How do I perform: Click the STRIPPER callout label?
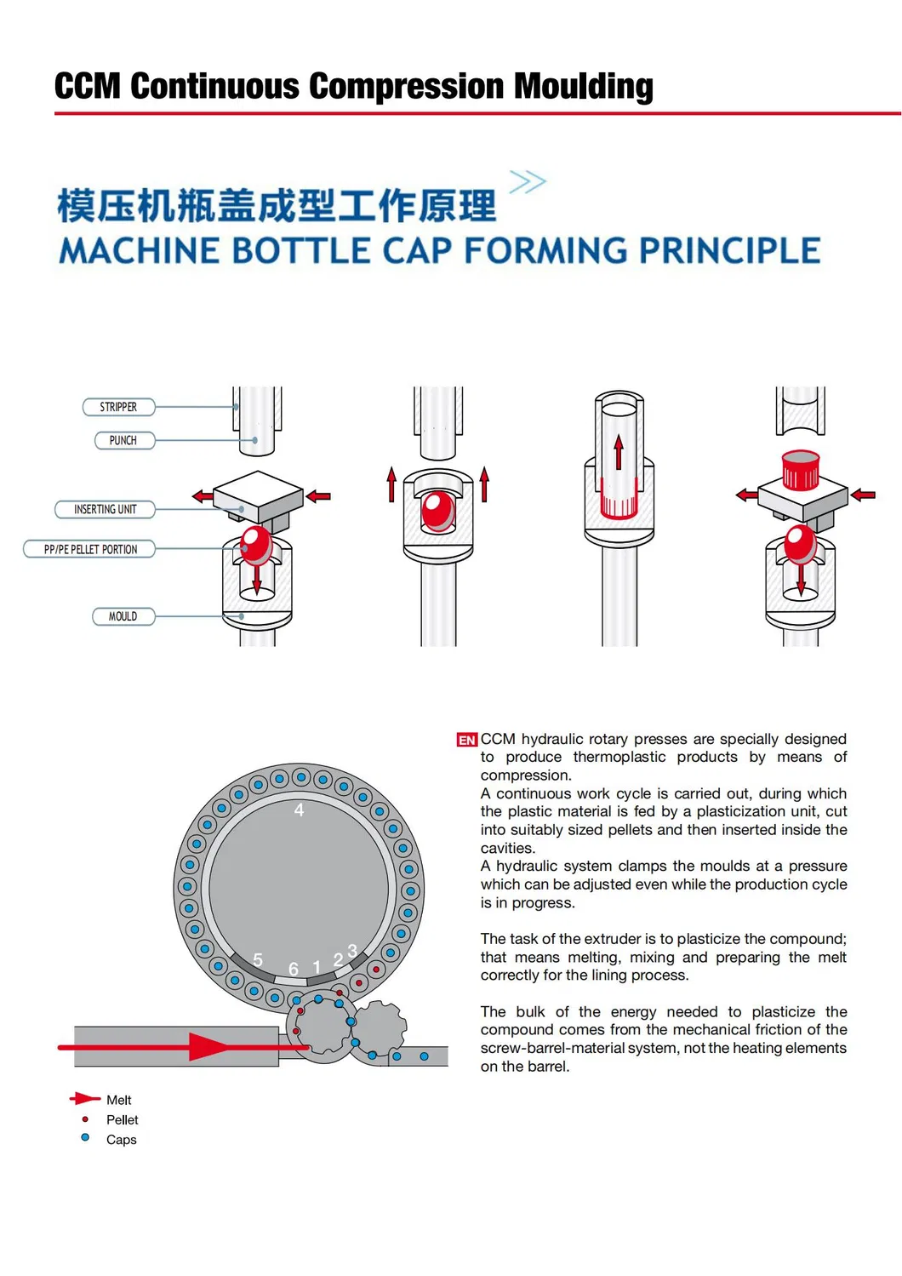click(118, 407)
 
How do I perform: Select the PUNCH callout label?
click(124, 440)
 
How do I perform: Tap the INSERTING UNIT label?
click(105, 509)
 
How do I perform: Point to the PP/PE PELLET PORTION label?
click(89, 549)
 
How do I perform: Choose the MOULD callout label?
click(123, 616)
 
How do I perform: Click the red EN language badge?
click(466, 740)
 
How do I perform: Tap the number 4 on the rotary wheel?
click(299, 810)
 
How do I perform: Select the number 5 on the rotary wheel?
click(258, 960)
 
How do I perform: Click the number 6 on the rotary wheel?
click(294, 969)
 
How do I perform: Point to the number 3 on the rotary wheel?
click(352, 950)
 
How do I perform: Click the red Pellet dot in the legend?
click(85, 1119)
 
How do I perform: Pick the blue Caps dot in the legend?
click(85, 1137)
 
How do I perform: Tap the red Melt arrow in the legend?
click(85, 1099)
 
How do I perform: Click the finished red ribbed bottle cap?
click(800, 470)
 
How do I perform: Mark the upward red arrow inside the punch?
click(619, 452)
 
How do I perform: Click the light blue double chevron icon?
click(528, 181)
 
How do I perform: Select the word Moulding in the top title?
click(583, 87)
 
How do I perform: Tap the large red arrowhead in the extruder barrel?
click(208, 1047)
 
